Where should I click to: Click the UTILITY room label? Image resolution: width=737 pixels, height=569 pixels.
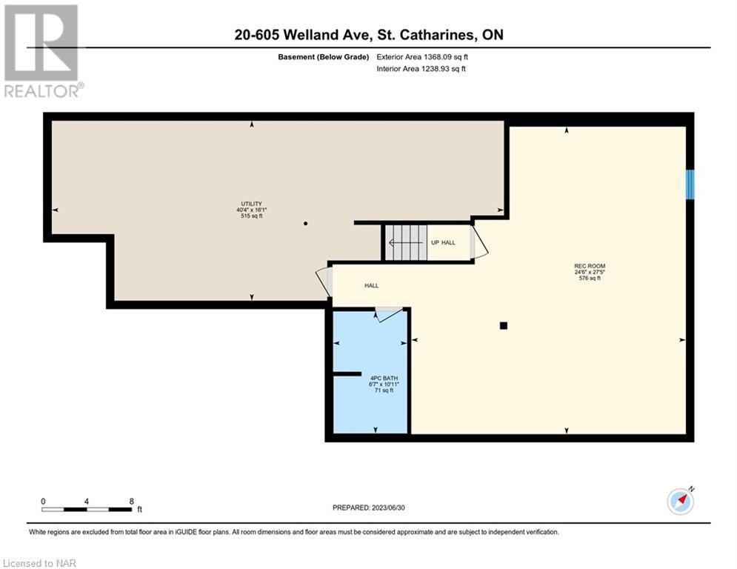pyautogui.click(x=251, y=204)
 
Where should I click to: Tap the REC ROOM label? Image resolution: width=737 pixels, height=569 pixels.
pyautogui.click(x=590, y=266)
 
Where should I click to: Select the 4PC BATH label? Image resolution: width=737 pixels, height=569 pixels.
pyautogui.click(x=384, y=378)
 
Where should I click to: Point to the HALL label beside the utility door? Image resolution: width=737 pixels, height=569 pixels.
pyautogui.click(x=371, y=285)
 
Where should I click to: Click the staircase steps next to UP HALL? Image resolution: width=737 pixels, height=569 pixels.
pyautogui.click(x=406, y=243)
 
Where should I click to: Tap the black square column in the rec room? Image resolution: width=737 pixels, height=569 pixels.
pyautogui.click(x=504, y=325)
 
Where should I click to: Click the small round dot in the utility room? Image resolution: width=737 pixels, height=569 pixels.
pyautogui.click(x=305, y=223)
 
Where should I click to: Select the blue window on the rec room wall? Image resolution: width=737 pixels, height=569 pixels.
pyautogui.click(x=690, y=184)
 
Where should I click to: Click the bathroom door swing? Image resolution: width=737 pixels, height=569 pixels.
pyautogui.click(x=389, y=314)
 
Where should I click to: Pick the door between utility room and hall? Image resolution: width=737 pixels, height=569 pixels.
pyautogui.click(x=324, y=282)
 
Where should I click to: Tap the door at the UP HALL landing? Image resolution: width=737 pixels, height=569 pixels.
pyautogui.click(x=479, y=242)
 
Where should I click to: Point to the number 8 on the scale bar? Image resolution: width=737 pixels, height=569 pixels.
pyautogui.click(x=132, y=502)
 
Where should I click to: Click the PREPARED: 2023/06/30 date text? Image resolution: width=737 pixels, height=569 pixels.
pyautogui.click(x=369, y=508)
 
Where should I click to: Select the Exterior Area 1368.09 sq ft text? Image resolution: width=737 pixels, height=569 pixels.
pyautogui.click(x=422, y=57)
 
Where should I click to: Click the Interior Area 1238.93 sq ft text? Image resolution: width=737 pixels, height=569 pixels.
pyautogui.click(x=421, y=69)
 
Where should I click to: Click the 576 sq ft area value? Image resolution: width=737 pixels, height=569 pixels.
pyautogui.click(x=590, y=279)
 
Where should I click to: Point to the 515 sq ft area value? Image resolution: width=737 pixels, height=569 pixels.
pyautogui.click(x=251, y=216)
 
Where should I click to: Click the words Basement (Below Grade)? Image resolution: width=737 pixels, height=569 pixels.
pyautogui.click(x=324, y=57)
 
